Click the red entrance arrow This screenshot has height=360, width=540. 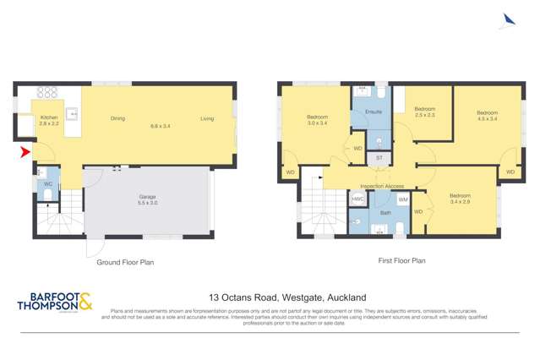click(x=25, y=152)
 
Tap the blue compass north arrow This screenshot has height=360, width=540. click(x=508, y=19)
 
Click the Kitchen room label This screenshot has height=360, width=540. click(x=48, y=117)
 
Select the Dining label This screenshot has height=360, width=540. click(x=117, y=118)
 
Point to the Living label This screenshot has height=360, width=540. click(x=207, y=118)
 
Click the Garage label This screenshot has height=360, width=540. click(x=148, y=197)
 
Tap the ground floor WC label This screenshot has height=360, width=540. click(x=48, y=183)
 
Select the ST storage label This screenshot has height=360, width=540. click(x=379, y=158)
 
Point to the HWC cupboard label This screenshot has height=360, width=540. click(x=357, y=199)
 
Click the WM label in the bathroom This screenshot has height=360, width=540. click(x=403, y=199)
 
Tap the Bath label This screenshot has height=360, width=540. click(x=385, y=214)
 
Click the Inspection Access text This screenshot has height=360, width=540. click(x=382, y=186)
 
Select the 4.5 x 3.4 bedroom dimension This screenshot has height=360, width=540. click(x=487, y=119)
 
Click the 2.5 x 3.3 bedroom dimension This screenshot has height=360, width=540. click(x=425, y=115)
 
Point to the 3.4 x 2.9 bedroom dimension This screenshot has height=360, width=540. click(x=461, y=202)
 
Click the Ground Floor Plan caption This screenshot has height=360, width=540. click(x=125, y=262)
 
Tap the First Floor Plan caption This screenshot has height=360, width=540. click(x=401, y=261)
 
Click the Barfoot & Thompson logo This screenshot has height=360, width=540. click(x=55, y=302)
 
